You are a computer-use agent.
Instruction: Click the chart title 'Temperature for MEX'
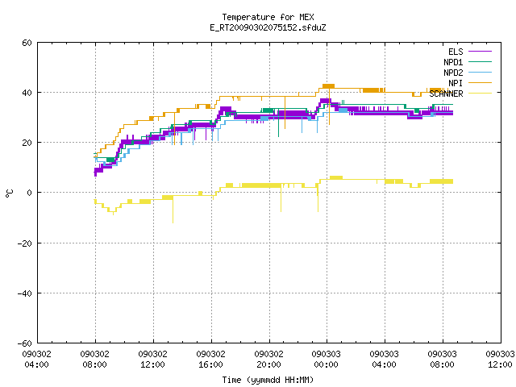click(268, 17)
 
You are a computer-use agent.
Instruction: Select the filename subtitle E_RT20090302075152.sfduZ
click(268, 27)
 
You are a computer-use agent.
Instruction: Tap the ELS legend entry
click(469, 52)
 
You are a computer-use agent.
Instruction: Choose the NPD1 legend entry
click(468, 62)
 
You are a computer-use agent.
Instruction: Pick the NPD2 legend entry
click(468, 73)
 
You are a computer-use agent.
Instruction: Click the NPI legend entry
click(469, 83)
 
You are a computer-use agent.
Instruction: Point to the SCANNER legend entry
click(460, 94)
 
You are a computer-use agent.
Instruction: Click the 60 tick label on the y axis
click(27, 43)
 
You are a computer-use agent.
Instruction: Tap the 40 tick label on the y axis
click(27, 93)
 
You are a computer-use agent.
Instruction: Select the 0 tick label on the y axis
click(29, 193)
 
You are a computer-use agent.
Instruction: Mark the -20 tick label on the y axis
click(25, 243)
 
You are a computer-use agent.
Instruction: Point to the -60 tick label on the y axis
click(25, 343)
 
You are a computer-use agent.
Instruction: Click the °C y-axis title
click(9, 193)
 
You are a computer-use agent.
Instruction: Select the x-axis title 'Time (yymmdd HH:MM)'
click(268, 380)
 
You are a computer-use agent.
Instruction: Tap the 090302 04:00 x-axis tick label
click(37, 360)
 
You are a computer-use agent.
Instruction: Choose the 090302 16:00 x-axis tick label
click(211, 360)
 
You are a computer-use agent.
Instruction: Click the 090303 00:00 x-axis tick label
click(327, 360)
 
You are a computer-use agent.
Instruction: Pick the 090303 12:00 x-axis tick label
click(500, 360)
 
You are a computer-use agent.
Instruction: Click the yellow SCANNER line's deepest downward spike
click(173, 223)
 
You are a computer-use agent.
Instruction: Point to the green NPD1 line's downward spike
click(278, 136)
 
